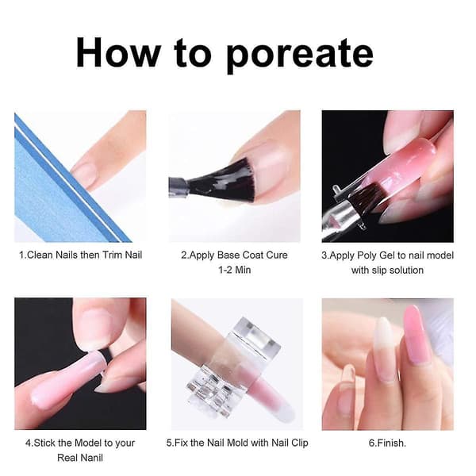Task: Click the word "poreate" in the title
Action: [x=300, y=54]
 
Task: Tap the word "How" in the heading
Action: [x=118, y=52]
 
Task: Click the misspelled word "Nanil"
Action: [x=90, y=458]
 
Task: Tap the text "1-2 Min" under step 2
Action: [x=234, y=270]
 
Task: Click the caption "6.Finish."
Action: [x=387, y=443]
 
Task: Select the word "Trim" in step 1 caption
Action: [x=113, y=255]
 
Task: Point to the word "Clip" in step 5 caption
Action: [x=300, y=443]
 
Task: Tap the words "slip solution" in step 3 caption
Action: [x=397, y=271]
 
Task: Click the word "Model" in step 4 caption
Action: [x=88, y=443]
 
